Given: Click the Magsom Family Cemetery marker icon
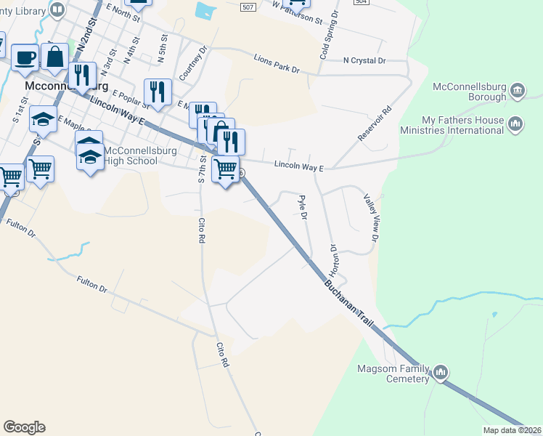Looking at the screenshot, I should click(440, 374).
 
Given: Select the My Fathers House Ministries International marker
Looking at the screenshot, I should click(516, 124).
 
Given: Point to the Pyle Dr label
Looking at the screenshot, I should click(302, 207).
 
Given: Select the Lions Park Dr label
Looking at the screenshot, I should click(277, 64).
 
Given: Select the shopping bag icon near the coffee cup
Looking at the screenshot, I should click(54, 57).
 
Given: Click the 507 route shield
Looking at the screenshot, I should click(249, 7).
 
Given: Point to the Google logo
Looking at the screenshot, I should click(24, 427).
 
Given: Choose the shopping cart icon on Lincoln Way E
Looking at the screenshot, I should click(225, 169).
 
